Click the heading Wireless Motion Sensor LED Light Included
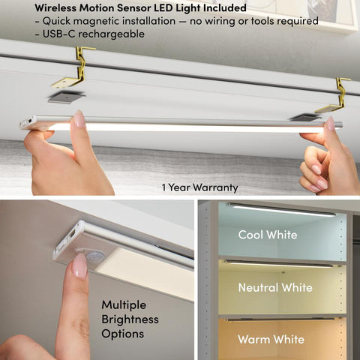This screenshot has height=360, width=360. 140,7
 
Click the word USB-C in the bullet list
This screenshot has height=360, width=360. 58,34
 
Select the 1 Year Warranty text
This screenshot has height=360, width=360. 199,187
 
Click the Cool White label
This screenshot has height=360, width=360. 268,235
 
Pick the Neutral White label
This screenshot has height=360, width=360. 275,287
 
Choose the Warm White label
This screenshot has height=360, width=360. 271,339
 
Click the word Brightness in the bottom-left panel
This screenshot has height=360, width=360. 130,319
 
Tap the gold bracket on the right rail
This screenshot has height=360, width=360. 336,96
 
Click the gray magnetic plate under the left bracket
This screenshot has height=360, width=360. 66,97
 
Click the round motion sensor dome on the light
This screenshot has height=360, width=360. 93,256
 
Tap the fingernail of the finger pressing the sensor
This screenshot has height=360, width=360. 79,265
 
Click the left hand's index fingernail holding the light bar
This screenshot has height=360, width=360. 79,118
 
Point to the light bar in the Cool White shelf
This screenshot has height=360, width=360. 281,209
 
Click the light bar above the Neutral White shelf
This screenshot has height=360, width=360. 278,263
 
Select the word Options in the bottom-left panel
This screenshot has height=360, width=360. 123,334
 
